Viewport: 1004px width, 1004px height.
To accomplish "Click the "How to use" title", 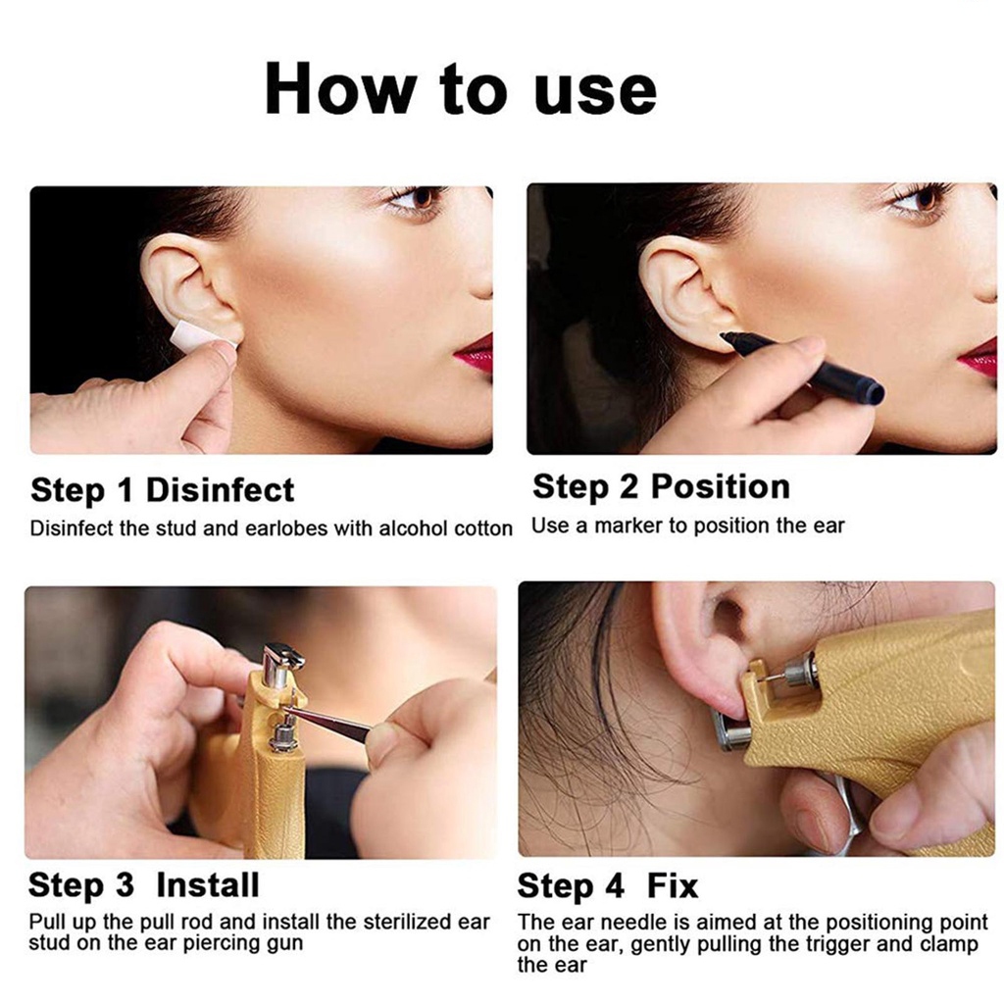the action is pyautogui.click(x=461, y=88).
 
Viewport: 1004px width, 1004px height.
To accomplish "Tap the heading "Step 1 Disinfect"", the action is pyautogui.click(x=162, y=491).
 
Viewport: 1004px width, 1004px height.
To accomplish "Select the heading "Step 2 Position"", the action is pyautogui.click(x=661, y=486).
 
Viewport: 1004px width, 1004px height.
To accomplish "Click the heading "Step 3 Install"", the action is pyautogui.click(x=144, y=885).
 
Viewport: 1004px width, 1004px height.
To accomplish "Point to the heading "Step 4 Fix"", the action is pyautogui.click(x=608, y=886).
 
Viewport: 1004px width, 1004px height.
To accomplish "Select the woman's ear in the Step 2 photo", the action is pyautogui.click(x=683, y=289).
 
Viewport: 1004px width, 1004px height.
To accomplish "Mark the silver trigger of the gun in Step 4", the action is pyautogui.click(x=845, y=813).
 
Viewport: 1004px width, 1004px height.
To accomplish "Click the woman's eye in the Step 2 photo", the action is pyautogui.click(x=919, y=198).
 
